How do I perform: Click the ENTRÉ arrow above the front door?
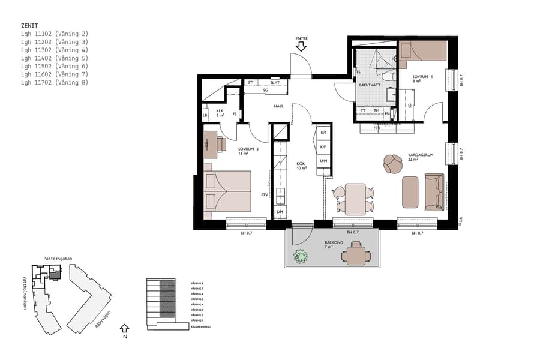point(301,47)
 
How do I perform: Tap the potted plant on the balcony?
point(300,256)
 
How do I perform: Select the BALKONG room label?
point(325,244)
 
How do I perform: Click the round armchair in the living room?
point(393,163)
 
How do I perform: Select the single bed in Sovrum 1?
point(424,51)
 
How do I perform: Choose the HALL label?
point(278,106)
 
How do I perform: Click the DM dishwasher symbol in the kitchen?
point(280,212)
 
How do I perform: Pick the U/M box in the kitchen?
point(323,161)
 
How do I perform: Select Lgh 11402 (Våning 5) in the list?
point(54,58)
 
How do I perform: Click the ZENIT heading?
point(29,26)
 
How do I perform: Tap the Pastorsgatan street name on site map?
point(58,259)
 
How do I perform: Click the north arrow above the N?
point(124,328)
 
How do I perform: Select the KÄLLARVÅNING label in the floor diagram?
point(201,326)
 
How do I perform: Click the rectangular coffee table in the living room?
point(410,191)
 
